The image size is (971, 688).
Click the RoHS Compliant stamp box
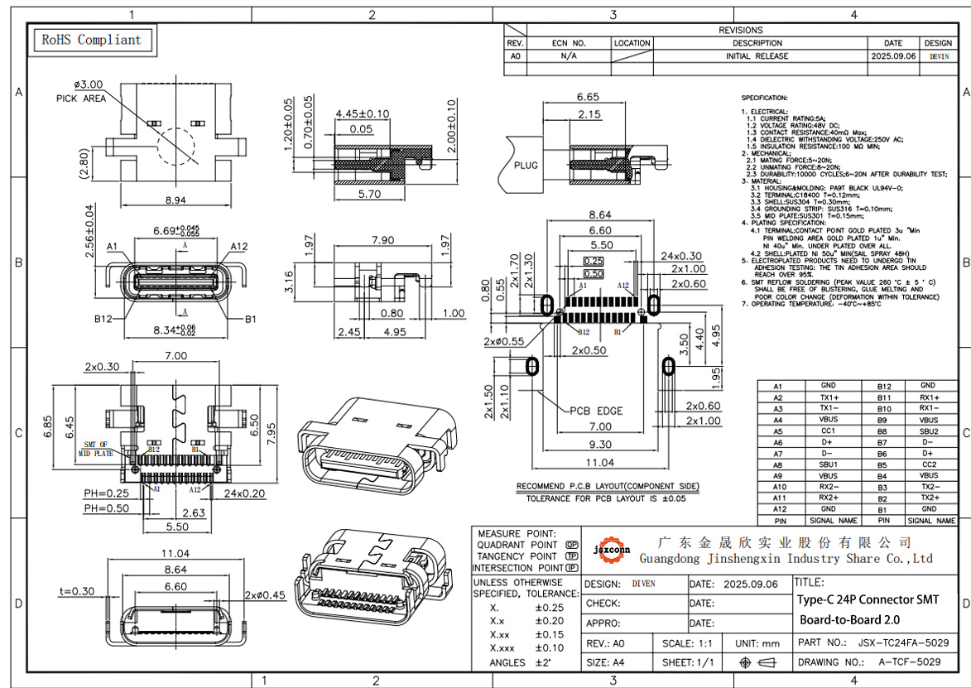91,40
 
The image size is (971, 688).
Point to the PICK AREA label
81,99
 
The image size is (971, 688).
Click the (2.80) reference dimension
84,157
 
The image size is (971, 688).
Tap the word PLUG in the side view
526,165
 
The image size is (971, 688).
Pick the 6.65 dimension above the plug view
588,97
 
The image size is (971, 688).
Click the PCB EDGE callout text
596,411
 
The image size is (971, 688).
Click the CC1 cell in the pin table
828,431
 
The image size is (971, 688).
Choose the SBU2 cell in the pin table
929,431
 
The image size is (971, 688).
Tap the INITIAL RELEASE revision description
757,56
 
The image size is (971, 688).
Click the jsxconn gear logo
613,550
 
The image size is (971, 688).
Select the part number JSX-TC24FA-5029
902,642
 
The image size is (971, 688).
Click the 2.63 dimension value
194,512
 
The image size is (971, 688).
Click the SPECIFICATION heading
765,98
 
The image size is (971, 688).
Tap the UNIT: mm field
757,642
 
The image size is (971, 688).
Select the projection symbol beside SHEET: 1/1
757,662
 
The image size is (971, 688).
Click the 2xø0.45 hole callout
265,594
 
